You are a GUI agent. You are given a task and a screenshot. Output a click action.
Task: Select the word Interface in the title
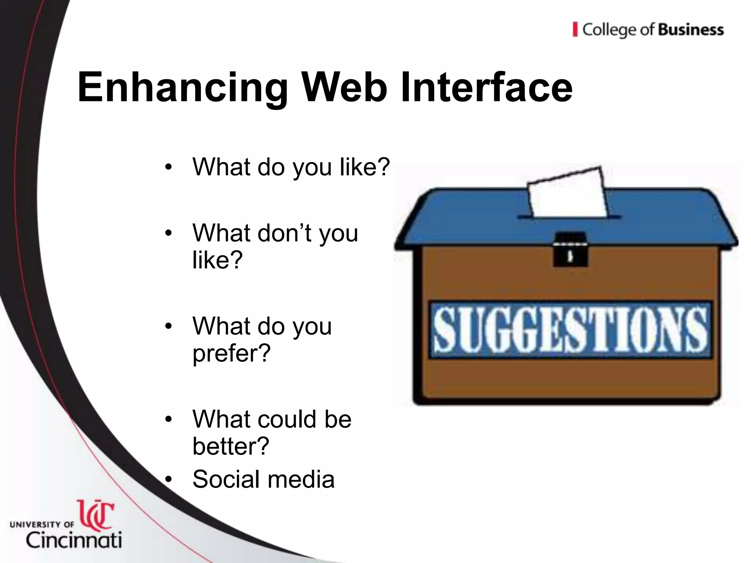(486, 88)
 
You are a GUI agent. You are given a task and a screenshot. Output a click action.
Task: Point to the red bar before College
(575, 30)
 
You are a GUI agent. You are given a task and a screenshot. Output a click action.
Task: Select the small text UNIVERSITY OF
(42, 525)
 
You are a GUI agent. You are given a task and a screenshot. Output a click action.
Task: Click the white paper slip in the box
(567, 192)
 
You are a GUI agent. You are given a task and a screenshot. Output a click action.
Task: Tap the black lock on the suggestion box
(570, 250)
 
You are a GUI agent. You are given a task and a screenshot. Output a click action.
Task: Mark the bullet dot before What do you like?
(168, 167)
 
